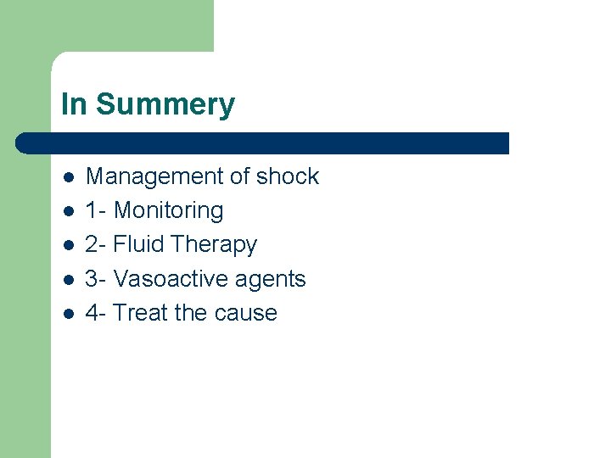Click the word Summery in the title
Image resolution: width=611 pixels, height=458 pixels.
tap(165, 105)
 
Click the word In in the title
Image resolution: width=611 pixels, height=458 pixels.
tap(74, 105)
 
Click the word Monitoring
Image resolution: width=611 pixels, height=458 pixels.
tap(168, 210)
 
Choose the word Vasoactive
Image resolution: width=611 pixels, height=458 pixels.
tap(166, 278)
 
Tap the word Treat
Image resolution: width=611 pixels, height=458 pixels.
tap(141, 312)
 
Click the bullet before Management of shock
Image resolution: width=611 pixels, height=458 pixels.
tap(69, 177)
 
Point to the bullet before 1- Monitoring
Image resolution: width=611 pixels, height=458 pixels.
tap(69, 211)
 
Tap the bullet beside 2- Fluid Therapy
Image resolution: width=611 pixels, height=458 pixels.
tap(69, 245)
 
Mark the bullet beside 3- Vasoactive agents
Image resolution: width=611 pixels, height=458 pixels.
tap(69, 279)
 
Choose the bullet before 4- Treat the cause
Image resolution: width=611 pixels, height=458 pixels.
tap(69, 313)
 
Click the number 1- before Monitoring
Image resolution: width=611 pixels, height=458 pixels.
tap(96, 210)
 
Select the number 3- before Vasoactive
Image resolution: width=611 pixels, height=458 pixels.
tap(96, 278)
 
